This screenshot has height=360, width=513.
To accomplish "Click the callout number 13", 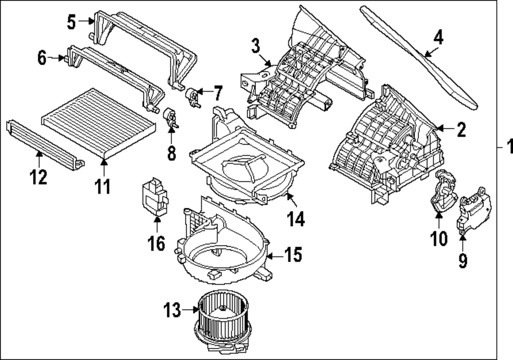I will pyautogui.click(x=173, y=310).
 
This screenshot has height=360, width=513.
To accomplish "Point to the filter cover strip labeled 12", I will pyautogui.click(x=44, y=141).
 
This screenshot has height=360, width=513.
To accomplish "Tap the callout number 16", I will pyautogui.click(x=157, y=243).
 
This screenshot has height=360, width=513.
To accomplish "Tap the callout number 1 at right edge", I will pyautogui.click(x=508, y=147).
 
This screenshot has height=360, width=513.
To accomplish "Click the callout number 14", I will pyautogui.click(x=296, y=219).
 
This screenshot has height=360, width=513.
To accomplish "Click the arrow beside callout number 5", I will pyautogui.click(x=85, y=22).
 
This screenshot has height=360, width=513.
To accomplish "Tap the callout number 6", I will pyautogui.click(x=42, y=58).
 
